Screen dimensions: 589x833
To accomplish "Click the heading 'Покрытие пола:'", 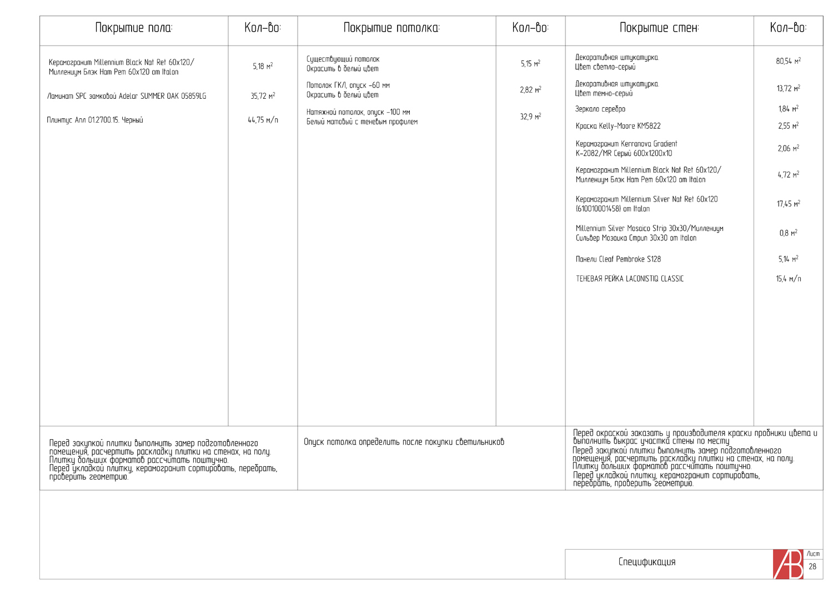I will click(134, 28).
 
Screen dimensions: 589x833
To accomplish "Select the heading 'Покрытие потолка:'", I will click(392, 28).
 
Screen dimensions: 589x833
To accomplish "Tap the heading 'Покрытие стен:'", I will click(659, 28).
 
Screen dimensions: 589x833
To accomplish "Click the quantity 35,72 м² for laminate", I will click(263, 96).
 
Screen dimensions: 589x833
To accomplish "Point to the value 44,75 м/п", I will click(263, 120).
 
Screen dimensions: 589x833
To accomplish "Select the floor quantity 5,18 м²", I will click(263, 66).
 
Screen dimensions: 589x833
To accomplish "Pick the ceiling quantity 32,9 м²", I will click(530, 117).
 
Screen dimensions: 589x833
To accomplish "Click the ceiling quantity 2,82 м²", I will click(530, 89).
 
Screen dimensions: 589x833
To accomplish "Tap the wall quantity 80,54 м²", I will click(788, 61).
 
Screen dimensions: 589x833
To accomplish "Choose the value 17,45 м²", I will click(788, 204).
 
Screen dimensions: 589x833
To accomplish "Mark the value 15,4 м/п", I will click(788, 279).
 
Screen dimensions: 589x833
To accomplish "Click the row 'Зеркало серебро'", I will click(600, 109).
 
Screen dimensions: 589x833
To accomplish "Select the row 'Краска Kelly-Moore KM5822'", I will click(618, 126).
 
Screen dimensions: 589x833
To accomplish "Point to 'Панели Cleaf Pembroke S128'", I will click(618, 259).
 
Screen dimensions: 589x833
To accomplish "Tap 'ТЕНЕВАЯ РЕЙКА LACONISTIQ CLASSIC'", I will click(630, 279).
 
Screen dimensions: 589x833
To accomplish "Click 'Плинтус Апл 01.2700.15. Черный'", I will click(95, 120).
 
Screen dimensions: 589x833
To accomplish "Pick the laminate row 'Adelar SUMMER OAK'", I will click(127, 96).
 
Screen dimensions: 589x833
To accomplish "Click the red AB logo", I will click(788, 565).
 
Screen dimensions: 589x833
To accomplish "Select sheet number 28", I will click(812, 567).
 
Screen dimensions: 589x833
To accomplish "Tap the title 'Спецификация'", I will click(647, 562).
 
